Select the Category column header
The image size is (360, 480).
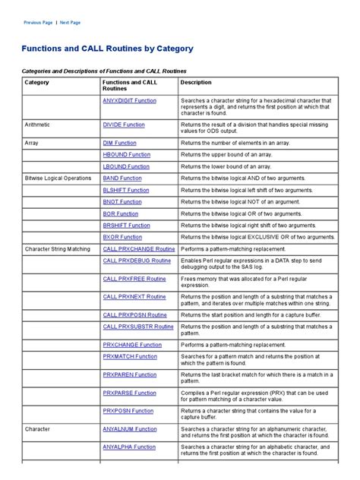click(x=36, y=82)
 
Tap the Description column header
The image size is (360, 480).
click(x=196, y=82)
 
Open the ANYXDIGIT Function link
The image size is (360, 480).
click(x=129, y=100)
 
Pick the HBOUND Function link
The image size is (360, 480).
click(x=125, y=154)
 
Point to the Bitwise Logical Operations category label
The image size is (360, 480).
click(x=58, y=178)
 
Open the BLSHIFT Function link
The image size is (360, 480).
click(x=126, y=190)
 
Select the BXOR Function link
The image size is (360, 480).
click(x=122, y=237)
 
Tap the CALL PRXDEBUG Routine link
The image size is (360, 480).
click(x=137, y=261)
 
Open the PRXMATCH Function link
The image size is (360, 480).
click(x=130, y=355)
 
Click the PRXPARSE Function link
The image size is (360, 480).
click(x=130, y=392)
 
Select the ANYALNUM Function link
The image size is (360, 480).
click(x=129, y=428)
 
